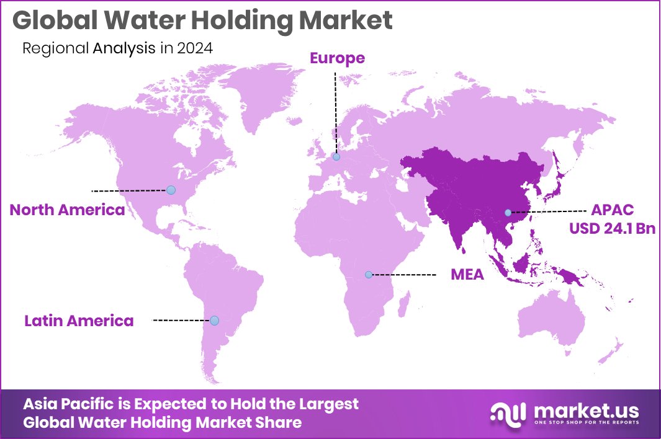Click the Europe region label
[337, 59]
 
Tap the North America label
[67, 210]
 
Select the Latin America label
[79, 321]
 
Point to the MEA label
[467, 274]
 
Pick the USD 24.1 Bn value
[613, 228]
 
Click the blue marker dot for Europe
[336, 157]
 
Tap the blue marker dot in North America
[171, 190]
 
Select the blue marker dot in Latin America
[214, 321]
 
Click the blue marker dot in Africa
[368, 274]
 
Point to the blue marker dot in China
[508, 213]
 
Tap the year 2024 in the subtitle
[196, 48]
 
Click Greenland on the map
[261, 93]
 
